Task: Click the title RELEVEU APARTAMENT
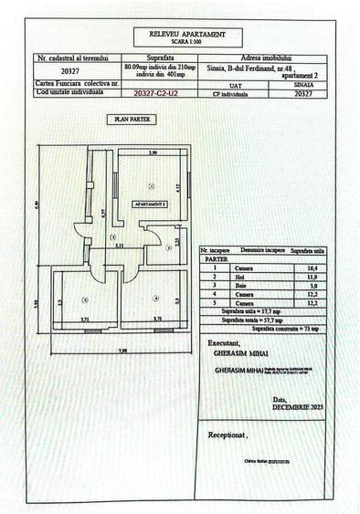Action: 181,35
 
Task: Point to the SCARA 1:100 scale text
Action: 181,43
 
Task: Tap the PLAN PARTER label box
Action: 132,119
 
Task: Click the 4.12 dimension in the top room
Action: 178,187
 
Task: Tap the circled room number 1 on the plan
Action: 150,185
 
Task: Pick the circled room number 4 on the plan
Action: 155,298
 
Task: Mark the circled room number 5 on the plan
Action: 85,298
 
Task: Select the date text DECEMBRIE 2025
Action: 294,405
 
